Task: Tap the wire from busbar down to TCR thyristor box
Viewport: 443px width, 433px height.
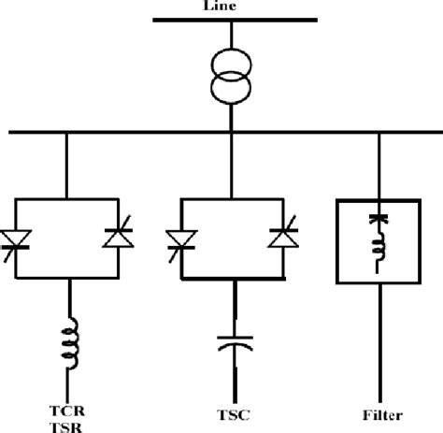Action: [x=66, y=166]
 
